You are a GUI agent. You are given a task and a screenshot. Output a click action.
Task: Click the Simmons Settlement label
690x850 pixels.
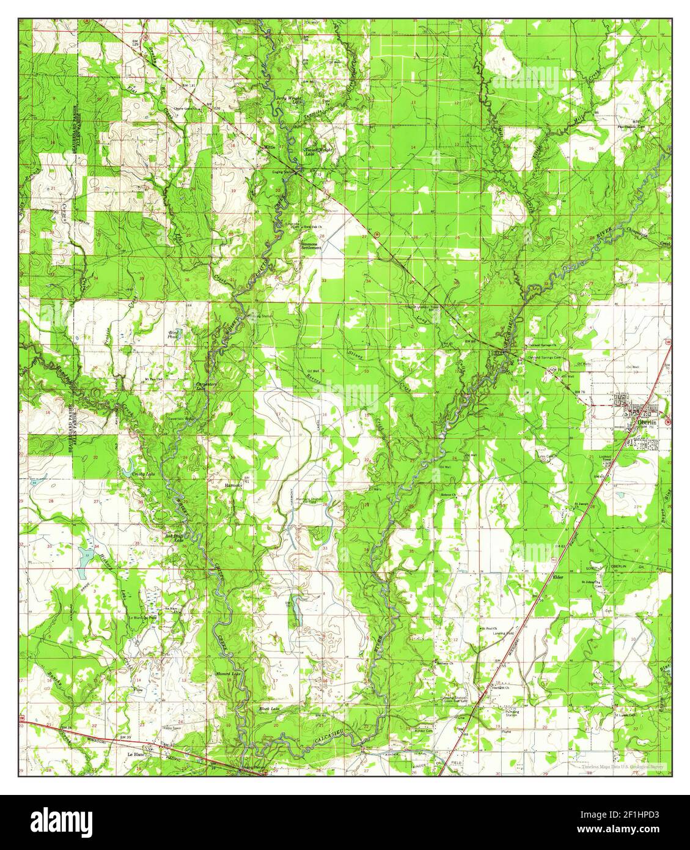coord(311,246)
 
